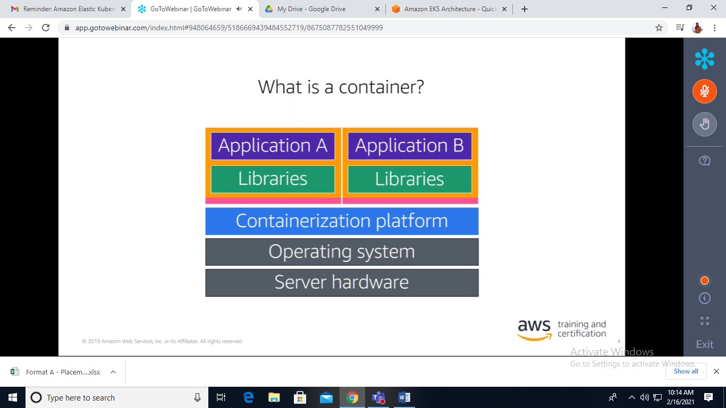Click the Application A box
pos(273,146)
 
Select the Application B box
pos(410,146)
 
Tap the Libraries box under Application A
pos(273,179)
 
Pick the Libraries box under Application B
pos(410,179)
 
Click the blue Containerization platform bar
pos(342,221)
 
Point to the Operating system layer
pos(342,252)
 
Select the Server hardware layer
pos(342,283)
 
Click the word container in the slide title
pos(381,87)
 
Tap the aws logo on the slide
pos(535,329)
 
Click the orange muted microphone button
pos(704,91)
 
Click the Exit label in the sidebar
pos(705,344)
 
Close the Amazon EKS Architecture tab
pos(504,9)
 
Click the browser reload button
pos(46,28)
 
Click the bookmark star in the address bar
pos(659,28)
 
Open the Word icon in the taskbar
pos(404,397)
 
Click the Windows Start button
pos(13,397)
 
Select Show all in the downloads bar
pos(686,371)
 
